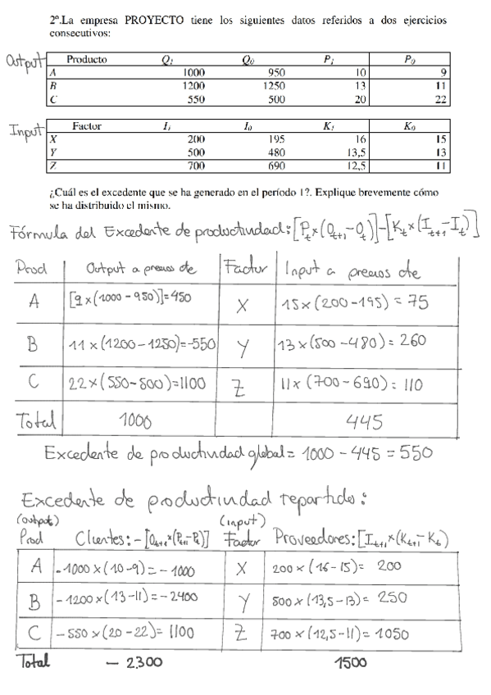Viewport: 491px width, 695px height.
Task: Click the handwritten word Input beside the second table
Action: click(27, 131)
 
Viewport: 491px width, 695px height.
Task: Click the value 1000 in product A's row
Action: click(194, 72)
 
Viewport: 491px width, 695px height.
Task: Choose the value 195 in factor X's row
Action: click(276, 139)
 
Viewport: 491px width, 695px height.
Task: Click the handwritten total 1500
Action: click(348, 661)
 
